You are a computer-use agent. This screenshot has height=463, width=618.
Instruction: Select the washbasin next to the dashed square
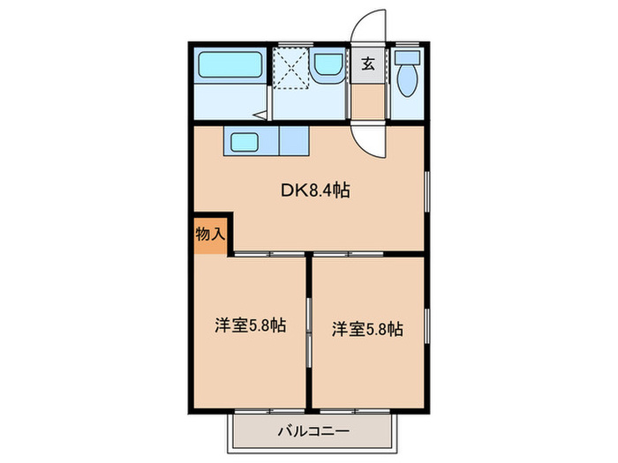click(x=328, y=64)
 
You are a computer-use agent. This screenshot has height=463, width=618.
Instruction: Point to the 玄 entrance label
click(x=367, y=64)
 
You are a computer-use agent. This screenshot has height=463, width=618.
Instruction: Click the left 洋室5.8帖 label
click(x=250, y=325)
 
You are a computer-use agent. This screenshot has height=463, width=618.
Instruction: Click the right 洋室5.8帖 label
click(x=367, y=329)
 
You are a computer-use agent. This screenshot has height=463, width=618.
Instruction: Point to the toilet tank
click(x=407, y=57)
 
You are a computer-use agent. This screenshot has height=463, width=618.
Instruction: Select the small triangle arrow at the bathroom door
click(x=260, y=114)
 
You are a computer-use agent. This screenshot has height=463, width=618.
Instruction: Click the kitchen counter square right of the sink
click(x=294, y=142)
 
